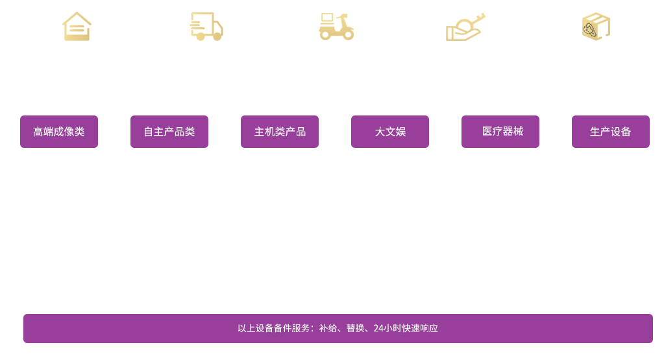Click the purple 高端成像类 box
pyautogui.click(x=58, y=132)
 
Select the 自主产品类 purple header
pyautogui.click(x=169, y=132)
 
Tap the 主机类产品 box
pyautogui.click(x=280, y=132)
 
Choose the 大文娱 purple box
pyautogui.click(x=389, y=132)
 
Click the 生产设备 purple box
pyautogui.click(x=611, y=132)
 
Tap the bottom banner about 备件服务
pyautogui.click(x=338, y=328)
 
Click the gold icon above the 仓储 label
pyautogui.click(x=77, y=27)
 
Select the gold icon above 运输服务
pyautogui.click(x=206, y=27)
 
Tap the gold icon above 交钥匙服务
pyautogui.click(x=465, y=26)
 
